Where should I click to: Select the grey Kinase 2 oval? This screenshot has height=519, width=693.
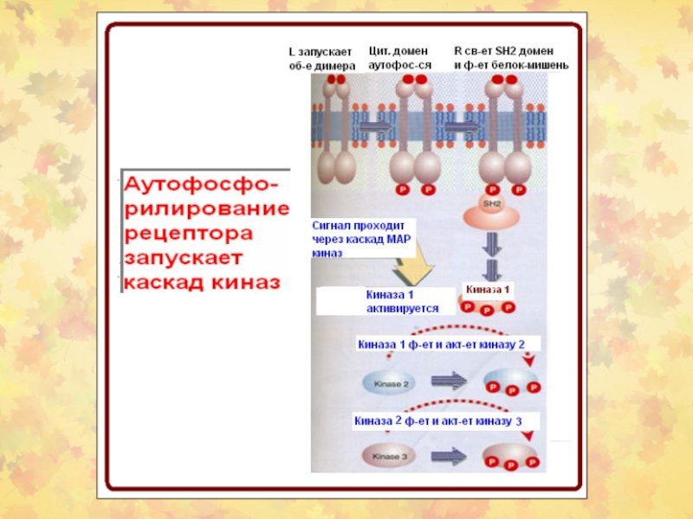pyautogui.click(x=392, y=381)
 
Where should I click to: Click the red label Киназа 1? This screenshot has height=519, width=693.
pyautogui.click(x=490, y=289)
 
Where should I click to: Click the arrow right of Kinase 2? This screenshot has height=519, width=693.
pyautogui.click(x=448, y=381)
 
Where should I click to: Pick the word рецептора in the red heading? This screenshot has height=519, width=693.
pyautogui.click(x=191, y=234)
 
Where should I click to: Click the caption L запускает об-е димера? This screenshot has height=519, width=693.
pyautogui.click(x=321, y=59)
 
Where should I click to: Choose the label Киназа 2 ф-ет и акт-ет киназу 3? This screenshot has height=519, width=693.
pyautogui.click(x=438, y=421)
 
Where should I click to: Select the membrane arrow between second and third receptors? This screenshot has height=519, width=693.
pyautogui.click(x=462, y=125)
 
